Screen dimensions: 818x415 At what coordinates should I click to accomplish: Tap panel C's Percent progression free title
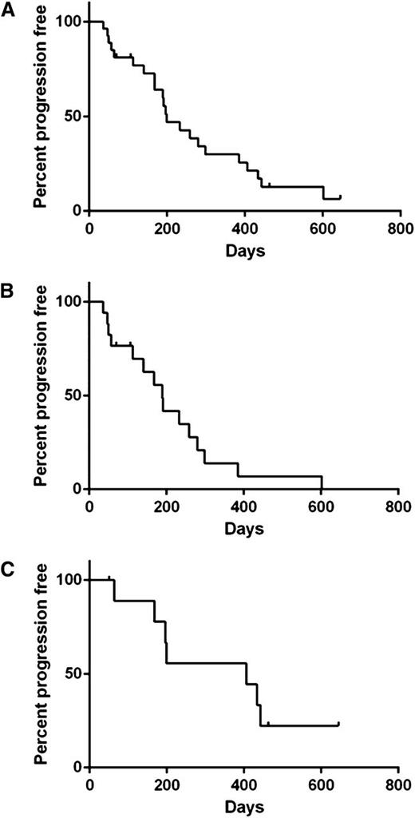click(39, 673)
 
